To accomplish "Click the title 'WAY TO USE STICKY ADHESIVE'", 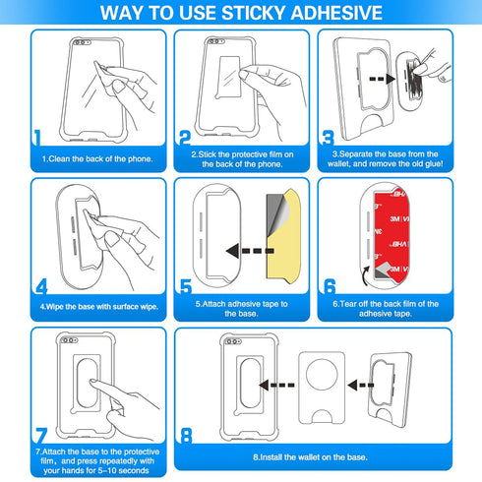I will (x=241, y=12).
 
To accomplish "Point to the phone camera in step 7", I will (x=68, y=343).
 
